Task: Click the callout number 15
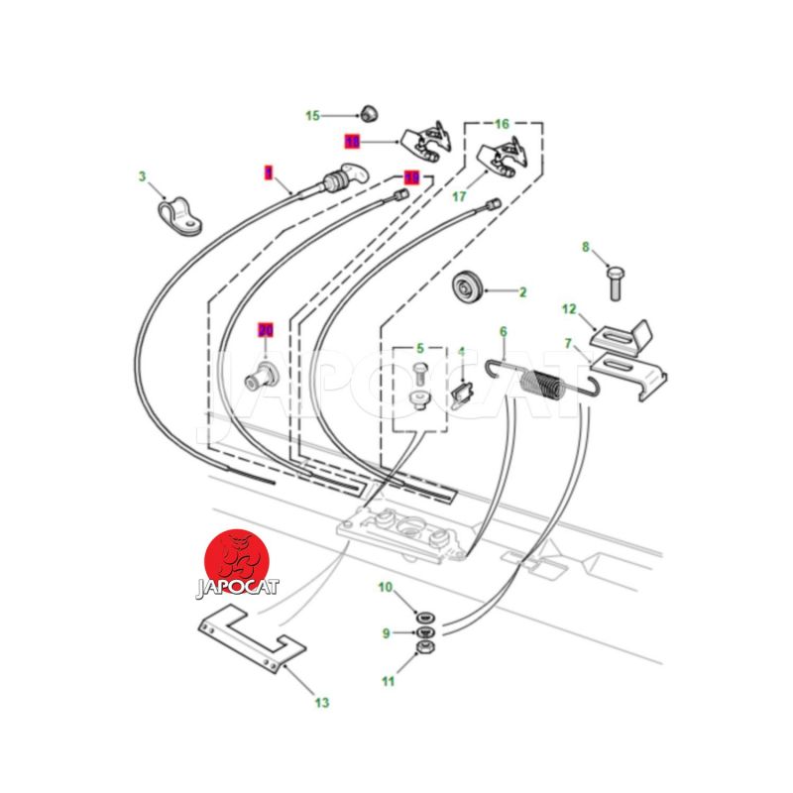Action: click(x=312, y=116)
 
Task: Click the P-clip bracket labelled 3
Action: click(x=178, y=216)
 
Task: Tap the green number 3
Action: click(x=142, y=177)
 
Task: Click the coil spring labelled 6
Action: click(x=542, y=383)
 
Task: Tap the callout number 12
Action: click(x=569, y=309)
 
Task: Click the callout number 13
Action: click(x=321, y=703)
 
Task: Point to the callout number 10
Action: click(x=386, y=588)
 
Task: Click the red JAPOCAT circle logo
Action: click(x=237, y=560)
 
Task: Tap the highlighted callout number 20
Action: click(x=265, y=329)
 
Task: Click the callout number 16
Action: click(x=502, y=124)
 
